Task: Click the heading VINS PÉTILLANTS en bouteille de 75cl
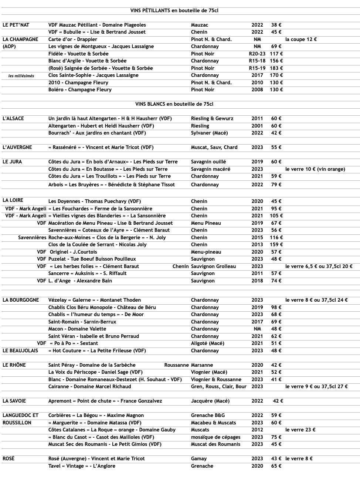[x=174, y=11]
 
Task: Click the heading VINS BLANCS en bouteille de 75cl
[x=174, y=104]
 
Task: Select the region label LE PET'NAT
[x=16, y=25]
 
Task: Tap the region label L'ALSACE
[x=13, y=119]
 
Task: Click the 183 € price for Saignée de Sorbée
[x=276, y=68]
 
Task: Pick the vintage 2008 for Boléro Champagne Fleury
[x=257, y=90]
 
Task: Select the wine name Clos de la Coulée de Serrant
[x=97, y=245]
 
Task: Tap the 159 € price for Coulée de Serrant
[x=276, y=245]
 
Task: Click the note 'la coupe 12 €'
[x=301, y=40]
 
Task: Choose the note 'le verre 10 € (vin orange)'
[x=315, y=169]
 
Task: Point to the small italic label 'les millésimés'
[x=21, y=76]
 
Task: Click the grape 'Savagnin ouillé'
[x=208, y=162]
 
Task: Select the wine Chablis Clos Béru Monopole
[x=102, y=308]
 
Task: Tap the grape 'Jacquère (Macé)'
[x=210, y=401]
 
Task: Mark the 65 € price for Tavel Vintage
[x=276, y=466]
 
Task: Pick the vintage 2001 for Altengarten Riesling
[x=257, y=126]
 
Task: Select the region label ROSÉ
[x=9, y=459]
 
